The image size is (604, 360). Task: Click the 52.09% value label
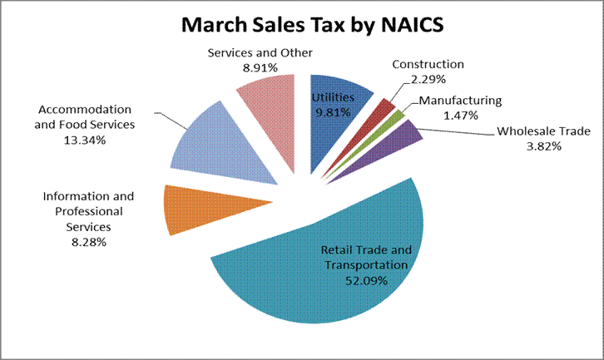tap(367, 280)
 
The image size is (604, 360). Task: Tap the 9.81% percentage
tap(331, 114)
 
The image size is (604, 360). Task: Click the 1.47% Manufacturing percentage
tap(460, 115)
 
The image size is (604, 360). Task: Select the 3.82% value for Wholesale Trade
tap(542, 146)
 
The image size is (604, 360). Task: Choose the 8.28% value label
tap(88, 241)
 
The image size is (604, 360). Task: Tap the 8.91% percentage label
tap(260, 68)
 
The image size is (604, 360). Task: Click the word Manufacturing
tap(460, 101)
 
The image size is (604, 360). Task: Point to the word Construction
tap(428, 64)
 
